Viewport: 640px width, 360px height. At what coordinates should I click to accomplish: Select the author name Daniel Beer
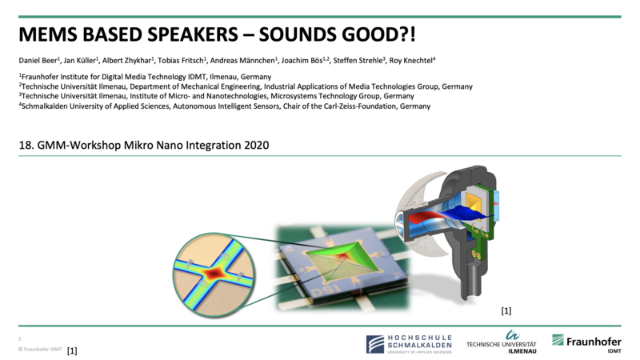coord(38,61)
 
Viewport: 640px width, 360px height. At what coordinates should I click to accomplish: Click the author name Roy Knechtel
coord(410,61)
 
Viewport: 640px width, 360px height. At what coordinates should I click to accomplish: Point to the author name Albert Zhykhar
coord(126,61)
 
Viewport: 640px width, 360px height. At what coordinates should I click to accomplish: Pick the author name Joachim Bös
coord(302,61)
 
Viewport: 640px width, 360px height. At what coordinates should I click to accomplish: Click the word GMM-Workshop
coord(78,145)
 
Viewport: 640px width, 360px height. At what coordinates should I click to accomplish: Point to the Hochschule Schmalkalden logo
coord(409,344)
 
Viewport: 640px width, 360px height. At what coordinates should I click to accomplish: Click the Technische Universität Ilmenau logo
coord(502,342)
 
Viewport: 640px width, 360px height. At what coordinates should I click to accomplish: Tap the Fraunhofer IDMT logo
coord(586,343)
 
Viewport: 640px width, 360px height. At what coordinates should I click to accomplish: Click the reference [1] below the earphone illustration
coord(506,310)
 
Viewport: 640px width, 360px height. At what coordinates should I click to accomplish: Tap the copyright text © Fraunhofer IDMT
coord(41,350)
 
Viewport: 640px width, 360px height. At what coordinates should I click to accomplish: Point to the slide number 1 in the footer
coord(19,338)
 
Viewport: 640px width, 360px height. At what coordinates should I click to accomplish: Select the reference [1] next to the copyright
coord(72,350)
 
